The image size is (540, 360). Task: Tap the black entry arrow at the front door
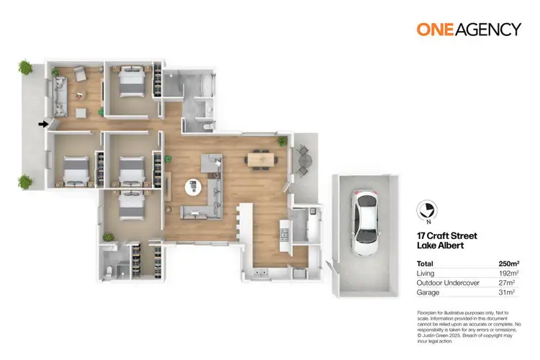click(x=43, y=124)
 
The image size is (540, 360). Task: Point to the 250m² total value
click(x=509, y=263)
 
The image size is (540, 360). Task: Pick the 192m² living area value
click(x=509, y=274)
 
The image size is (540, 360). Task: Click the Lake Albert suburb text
click(x=438, y=246)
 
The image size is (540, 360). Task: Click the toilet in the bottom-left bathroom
click(x=108, y=270)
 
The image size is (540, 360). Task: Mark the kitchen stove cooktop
click(x=284, y=234)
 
